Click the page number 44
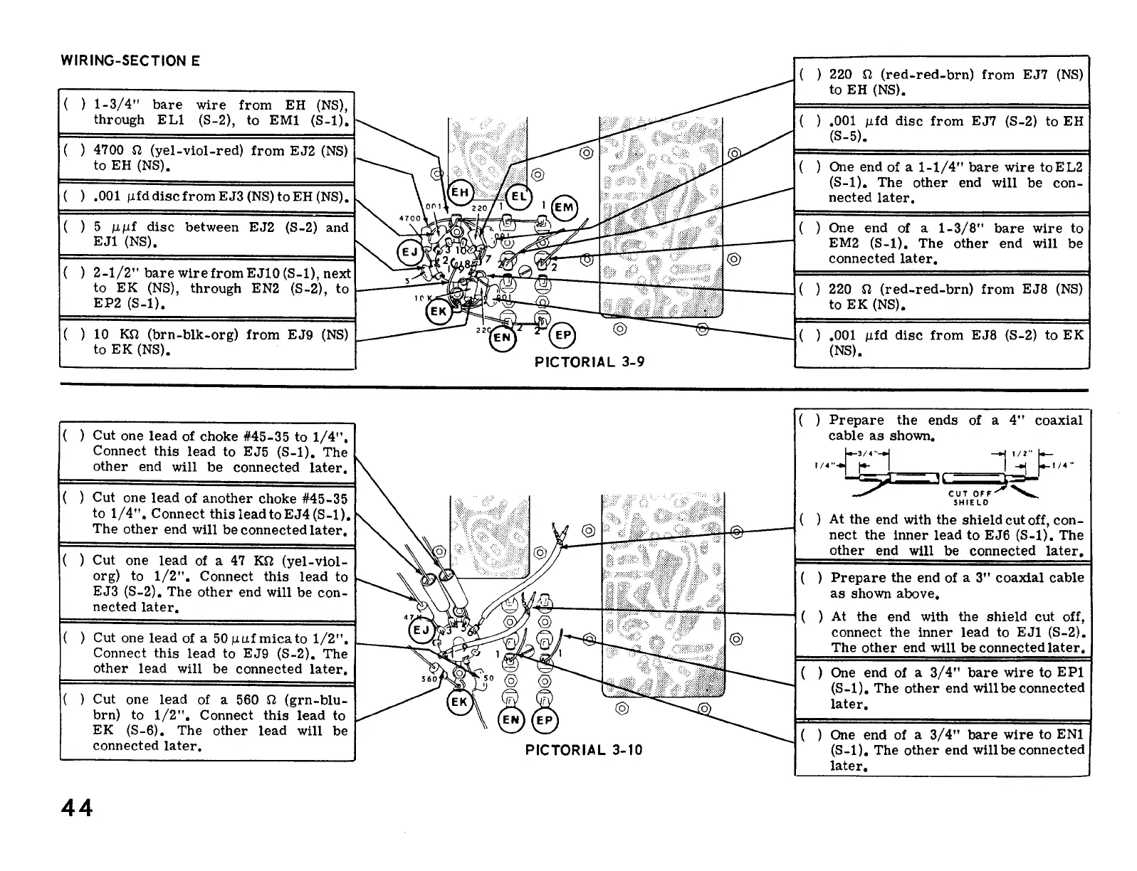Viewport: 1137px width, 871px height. [77, 808]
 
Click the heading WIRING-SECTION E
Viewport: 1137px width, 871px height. [130, 60]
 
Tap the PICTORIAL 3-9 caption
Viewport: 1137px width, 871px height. [590, 361]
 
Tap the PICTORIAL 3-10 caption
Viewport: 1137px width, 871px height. [584, 749]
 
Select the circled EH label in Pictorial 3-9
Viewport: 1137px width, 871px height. [460, 193]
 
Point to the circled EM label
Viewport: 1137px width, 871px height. [565, 207]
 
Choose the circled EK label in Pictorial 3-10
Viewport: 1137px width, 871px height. [459, 702]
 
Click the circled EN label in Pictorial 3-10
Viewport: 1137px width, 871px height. [511, 720]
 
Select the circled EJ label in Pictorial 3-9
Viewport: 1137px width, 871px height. [411, 253]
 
